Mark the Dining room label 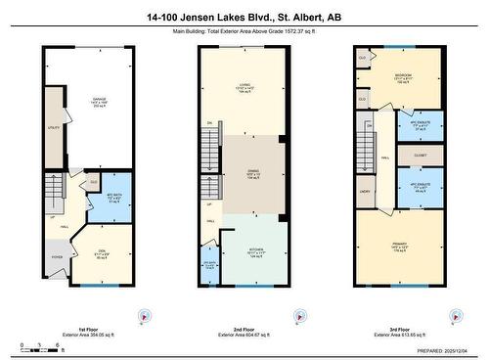point(251,175)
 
